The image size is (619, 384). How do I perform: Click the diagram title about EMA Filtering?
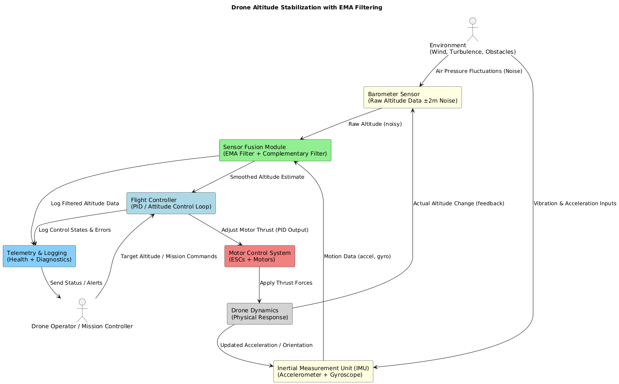pyautogui.click(x=306, y=7)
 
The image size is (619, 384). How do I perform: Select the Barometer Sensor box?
pyautogui.click(x=413, y=97)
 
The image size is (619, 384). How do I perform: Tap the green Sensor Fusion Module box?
pyautogui.click(x=275, y=150)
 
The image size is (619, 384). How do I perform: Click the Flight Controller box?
pyautogui.click(x=171, y=203)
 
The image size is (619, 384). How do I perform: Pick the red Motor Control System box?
pyautogui.click(x=260, y=256)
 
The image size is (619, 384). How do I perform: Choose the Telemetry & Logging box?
pyautogui.click(x=39, y=256)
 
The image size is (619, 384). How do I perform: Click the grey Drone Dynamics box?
pyautogui.click(x=260, y=314)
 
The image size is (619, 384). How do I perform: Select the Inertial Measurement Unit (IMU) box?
pyautogui.click(x=323, y=371)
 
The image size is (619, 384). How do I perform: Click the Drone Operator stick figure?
pyautogui.click(x=82, y=310)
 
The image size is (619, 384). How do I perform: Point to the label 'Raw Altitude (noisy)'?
pyautogui.click(x=375, y=124)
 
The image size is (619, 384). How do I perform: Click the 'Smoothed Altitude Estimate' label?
pyautogui.click(x=267, y=177)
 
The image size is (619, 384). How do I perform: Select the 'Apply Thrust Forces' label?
pyautogui.click(x=286, y=283)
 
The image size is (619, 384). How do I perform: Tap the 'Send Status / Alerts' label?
pyautogui.click(x=76, y=283)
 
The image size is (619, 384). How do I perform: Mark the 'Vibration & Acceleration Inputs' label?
pyautogui.click(x=575, y=204)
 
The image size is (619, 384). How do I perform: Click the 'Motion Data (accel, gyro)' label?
pyautogui.click(x=357, y=257)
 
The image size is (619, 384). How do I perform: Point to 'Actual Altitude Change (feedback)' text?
pyautogui.click(x=459, y=204)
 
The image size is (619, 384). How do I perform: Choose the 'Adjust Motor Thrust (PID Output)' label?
pyautogui.click(x=265, y=230)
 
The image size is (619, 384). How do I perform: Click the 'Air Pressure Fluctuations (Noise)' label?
pyautogui.click(x=479, y=71)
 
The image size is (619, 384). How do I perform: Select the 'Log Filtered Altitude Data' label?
pyautogui.click(x=85, y=204)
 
